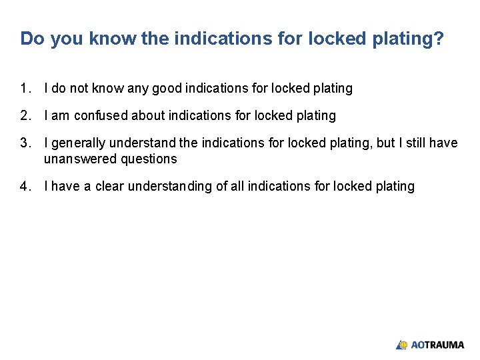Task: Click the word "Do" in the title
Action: pyautogui.click(x=32, y=39)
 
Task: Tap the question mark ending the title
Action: pyautogui.click(x=438, y=39)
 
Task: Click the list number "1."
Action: pyautogui.click(x=25, y=88)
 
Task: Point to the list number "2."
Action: pyautogui.click(x=25, y=116)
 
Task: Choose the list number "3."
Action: pyautogui.click(x=25, y=143)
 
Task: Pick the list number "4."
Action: pyautogui.click(x=25, y=187)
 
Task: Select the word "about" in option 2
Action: pyautogui.click(x=148, y=116)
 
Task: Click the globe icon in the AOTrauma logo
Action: pyautogui.click(x=402, y=345)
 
